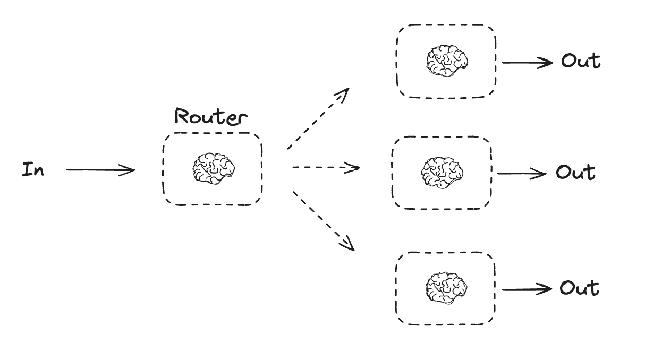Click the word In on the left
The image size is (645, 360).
point(33,170)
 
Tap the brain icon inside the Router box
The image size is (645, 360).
point(213,168)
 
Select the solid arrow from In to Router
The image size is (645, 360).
point(100,170)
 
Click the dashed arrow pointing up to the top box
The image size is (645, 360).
point(318,119)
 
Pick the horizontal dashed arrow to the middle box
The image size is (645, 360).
point(326,168)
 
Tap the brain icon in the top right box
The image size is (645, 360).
point(446,61)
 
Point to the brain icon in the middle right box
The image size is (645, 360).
point(442,172)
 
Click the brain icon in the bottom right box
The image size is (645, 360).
point(446,287)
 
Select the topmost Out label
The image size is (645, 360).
point(581,61)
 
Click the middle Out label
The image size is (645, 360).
point(575,173)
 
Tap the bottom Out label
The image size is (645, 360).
point(579,288)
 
